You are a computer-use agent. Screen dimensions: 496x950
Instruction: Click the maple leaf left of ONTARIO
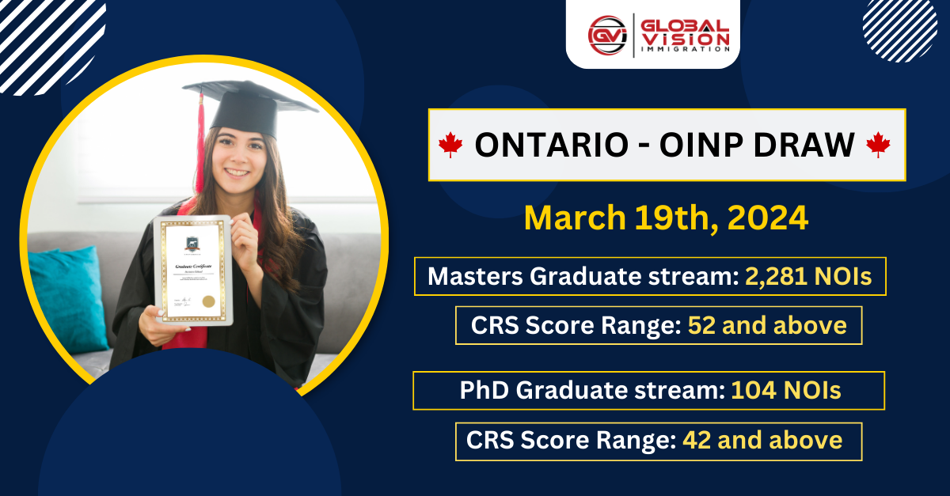coord(450,145)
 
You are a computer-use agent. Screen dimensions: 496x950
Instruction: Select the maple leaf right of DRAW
coord(877,145)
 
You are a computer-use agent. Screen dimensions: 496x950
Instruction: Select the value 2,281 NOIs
coord(808,276)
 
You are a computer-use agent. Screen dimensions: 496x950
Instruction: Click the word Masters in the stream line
coord(474,276)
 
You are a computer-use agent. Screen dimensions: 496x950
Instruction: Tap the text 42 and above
coord(762,440)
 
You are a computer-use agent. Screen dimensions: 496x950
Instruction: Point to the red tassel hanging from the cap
coord(200,134)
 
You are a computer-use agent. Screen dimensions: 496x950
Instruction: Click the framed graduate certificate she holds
coord(193,269)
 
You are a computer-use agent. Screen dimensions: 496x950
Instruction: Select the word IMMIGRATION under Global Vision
coord(686,49)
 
